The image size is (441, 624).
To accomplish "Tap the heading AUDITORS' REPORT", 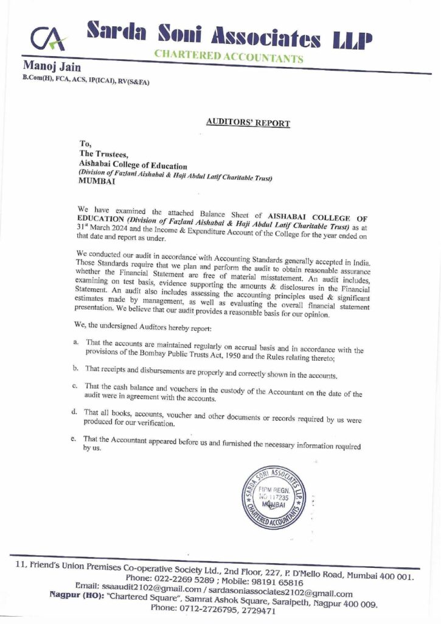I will click(248, 122).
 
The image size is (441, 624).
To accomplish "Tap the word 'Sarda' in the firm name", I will click(117, 29).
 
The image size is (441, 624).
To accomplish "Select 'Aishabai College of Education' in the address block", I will click(133, 166).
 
